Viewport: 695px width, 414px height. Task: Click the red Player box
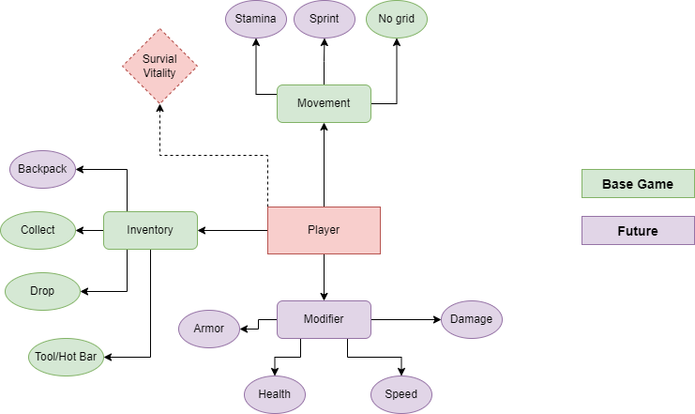(324, 230)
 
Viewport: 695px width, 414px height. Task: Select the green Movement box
(324, 103)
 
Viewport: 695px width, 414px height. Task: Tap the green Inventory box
(150, 230)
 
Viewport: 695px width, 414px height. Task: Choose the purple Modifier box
(324, 319)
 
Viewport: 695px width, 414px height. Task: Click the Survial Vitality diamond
(159, 66)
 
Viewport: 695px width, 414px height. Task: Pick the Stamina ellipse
(256, 19)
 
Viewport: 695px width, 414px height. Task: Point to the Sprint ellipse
(324, 19)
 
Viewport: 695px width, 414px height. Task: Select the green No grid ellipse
(396, 19)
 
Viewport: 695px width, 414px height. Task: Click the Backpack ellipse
(42, 169)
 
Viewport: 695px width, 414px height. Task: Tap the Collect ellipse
(38, 230)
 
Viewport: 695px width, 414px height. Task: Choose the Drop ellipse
(42, 291)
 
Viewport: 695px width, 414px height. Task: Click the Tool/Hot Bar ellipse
(63, 357)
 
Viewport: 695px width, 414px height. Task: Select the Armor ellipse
(209, 329)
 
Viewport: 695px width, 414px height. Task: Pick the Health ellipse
(274, 393)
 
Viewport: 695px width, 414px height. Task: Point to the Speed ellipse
(401, 393)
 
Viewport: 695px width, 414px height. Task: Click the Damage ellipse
(471, 319)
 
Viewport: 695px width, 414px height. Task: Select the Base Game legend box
(638, 184)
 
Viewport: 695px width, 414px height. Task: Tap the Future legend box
(638, 230)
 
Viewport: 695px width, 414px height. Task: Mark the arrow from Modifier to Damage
(405, 319)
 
